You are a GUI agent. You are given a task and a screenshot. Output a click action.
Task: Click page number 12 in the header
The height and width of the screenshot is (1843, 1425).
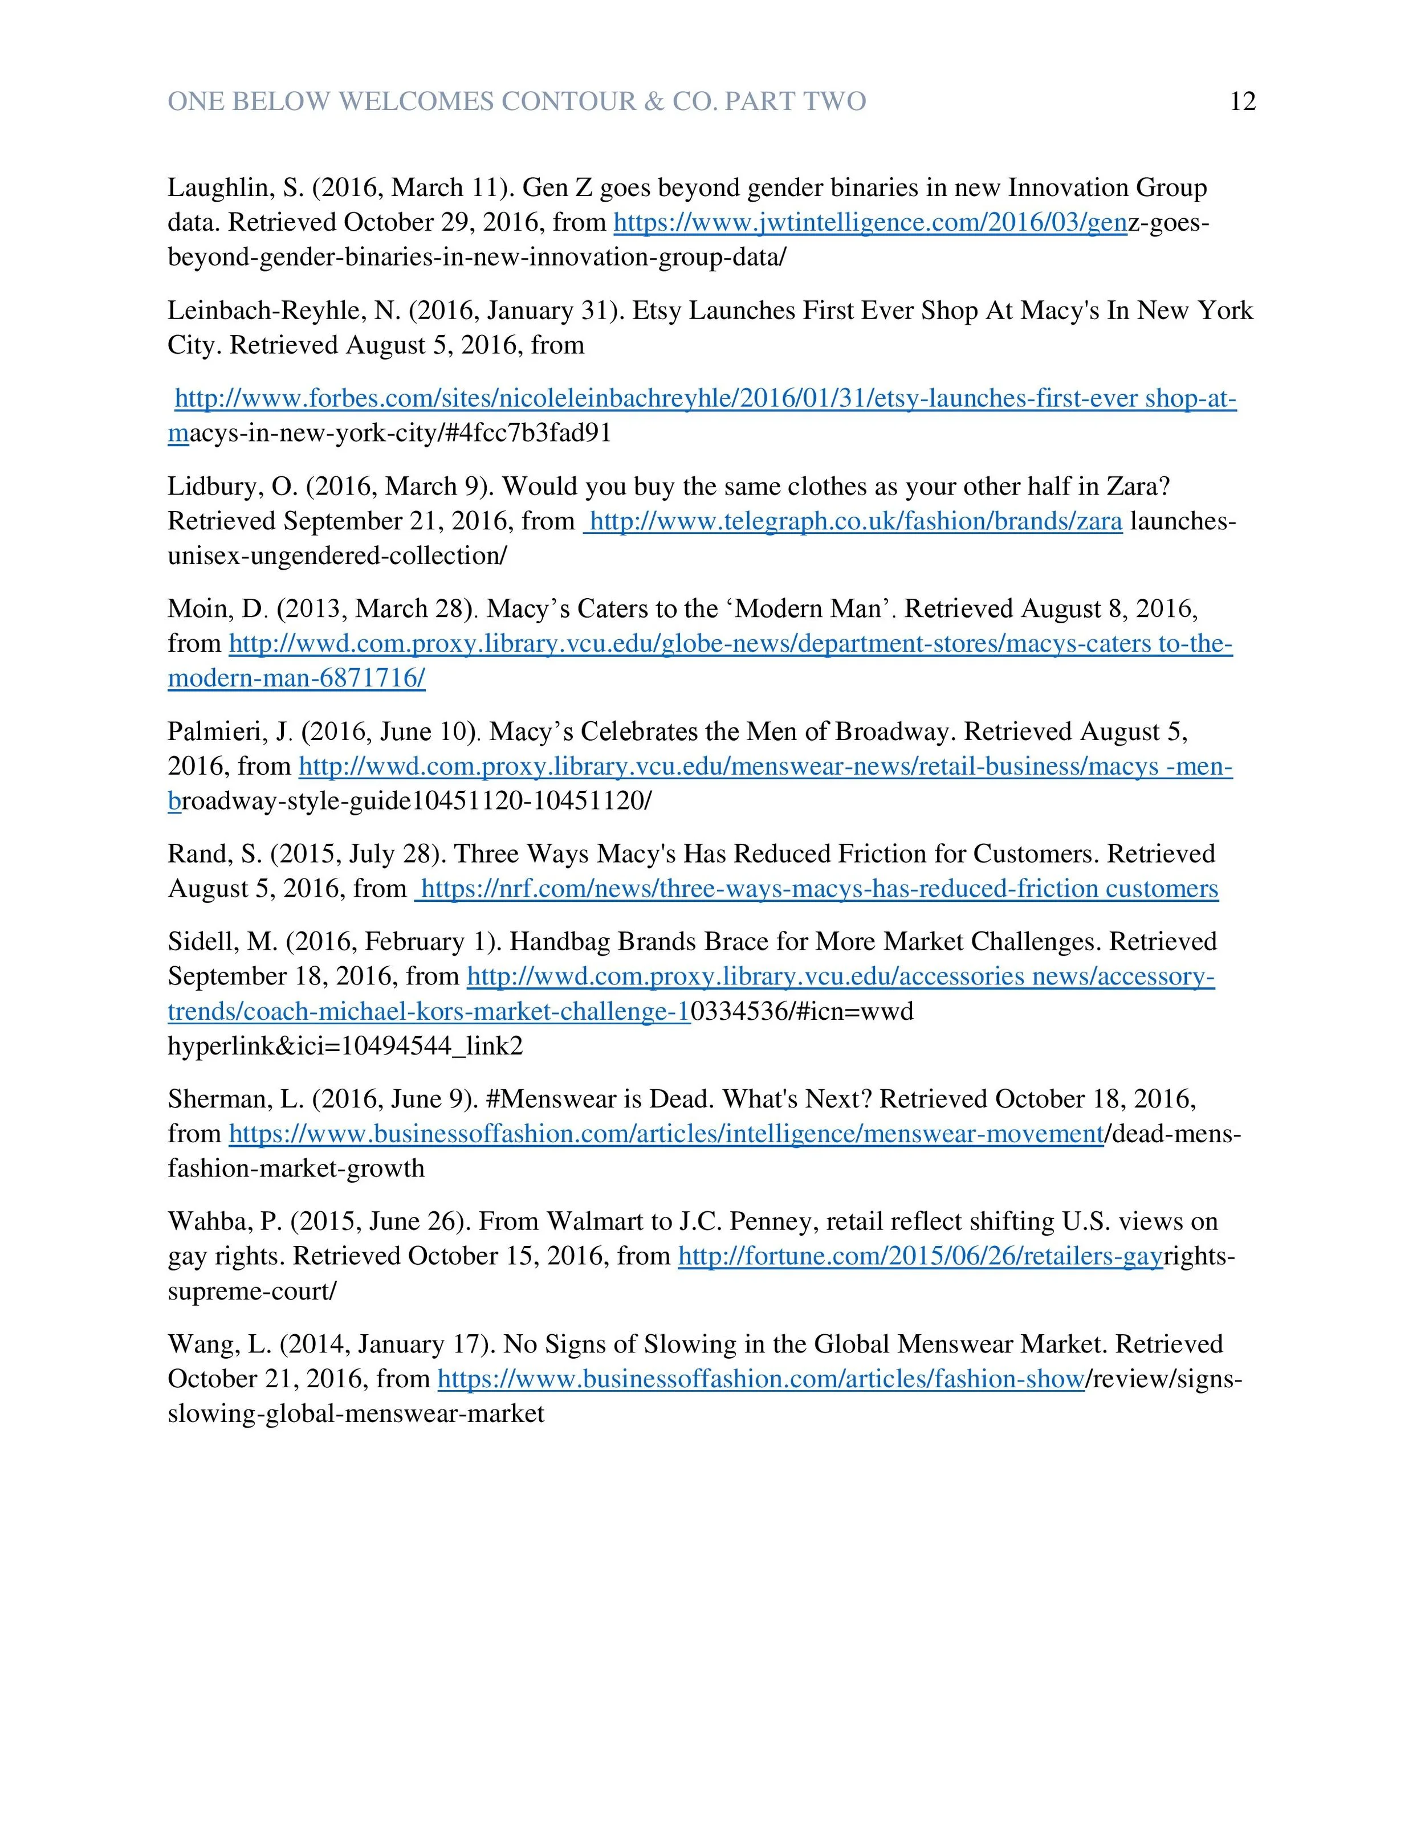coord(1243,102)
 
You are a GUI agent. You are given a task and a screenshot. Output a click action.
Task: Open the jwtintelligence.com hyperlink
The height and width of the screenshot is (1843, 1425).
coord(869,223)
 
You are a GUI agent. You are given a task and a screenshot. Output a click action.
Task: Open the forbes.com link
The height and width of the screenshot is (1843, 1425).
coord(705,399)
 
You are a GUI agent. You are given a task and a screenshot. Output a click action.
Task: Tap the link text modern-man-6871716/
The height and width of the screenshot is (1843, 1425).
coord(296,679)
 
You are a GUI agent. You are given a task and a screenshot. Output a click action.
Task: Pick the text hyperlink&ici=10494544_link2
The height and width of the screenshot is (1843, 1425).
coord(345,1047)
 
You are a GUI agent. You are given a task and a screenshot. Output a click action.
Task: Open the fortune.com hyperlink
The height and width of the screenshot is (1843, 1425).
coord(920,1257)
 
